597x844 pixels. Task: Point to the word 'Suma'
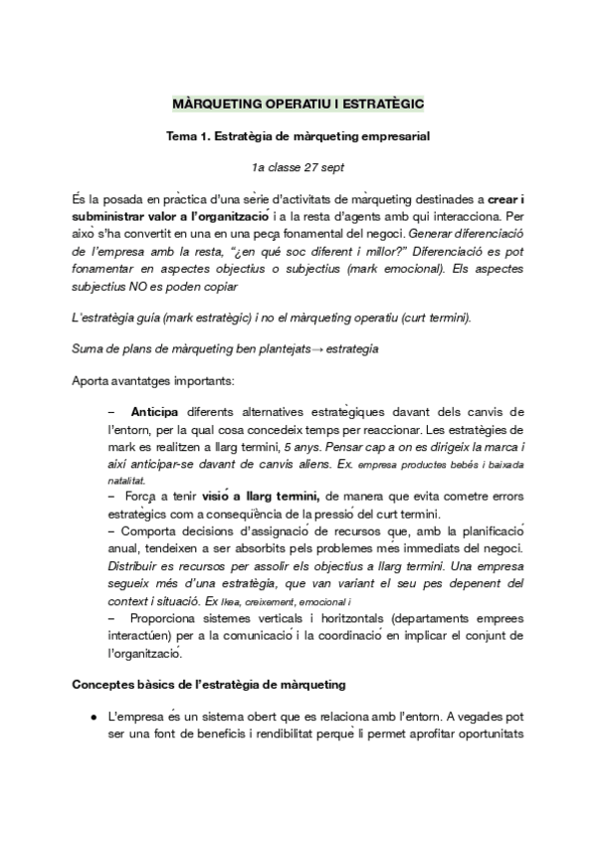[x=90, y=348]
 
